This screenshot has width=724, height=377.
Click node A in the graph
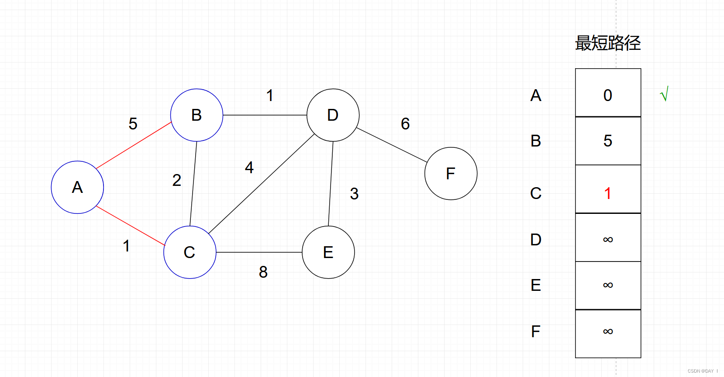[77, 187]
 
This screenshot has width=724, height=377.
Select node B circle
[197, 115]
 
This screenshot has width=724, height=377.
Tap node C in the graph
[190, 252]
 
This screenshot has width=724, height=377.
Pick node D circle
[333, 115]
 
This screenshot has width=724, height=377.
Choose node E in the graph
[328, 252]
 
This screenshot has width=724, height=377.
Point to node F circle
[451, 174]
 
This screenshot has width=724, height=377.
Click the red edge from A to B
[133, 146]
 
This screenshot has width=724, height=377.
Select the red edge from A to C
[130, 226]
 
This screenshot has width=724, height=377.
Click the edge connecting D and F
[392, 145]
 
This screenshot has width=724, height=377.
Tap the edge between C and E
[259, 252]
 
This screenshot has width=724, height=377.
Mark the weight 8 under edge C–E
[263, 272]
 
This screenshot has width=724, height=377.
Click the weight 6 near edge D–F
[405, 124]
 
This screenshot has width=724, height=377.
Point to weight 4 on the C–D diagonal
[249, 168]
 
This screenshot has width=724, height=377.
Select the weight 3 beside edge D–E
[354, 194]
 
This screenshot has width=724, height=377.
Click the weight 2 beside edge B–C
[176, 180]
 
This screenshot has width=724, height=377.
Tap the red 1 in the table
[607, 193]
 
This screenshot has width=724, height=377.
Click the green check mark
[664, 94]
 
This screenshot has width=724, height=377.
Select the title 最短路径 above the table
[608, 43]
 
